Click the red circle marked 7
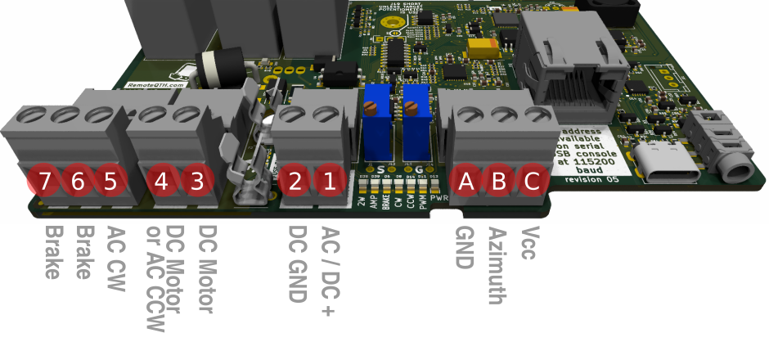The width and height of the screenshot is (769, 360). click(x=44, y=181)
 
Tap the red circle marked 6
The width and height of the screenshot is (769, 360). click(x=77, y=181)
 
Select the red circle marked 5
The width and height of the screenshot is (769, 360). click(x=110, y=181)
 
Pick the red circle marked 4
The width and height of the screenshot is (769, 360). click(x=161, y=181)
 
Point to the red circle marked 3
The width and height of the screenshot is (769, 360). click(x=196, y=181)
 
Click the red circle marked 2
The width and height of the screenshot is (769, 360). click(x=295, y=181)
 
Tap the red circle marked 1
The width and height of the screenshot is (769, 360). click(x=329, y=181)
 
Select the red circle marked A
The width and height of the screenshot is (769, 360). click(x=466, y=181)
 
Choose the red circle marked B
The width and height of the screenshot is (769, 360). click(x=498, y=181)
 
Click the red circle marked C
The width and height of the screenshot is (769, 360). click(x=531, y=181)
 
